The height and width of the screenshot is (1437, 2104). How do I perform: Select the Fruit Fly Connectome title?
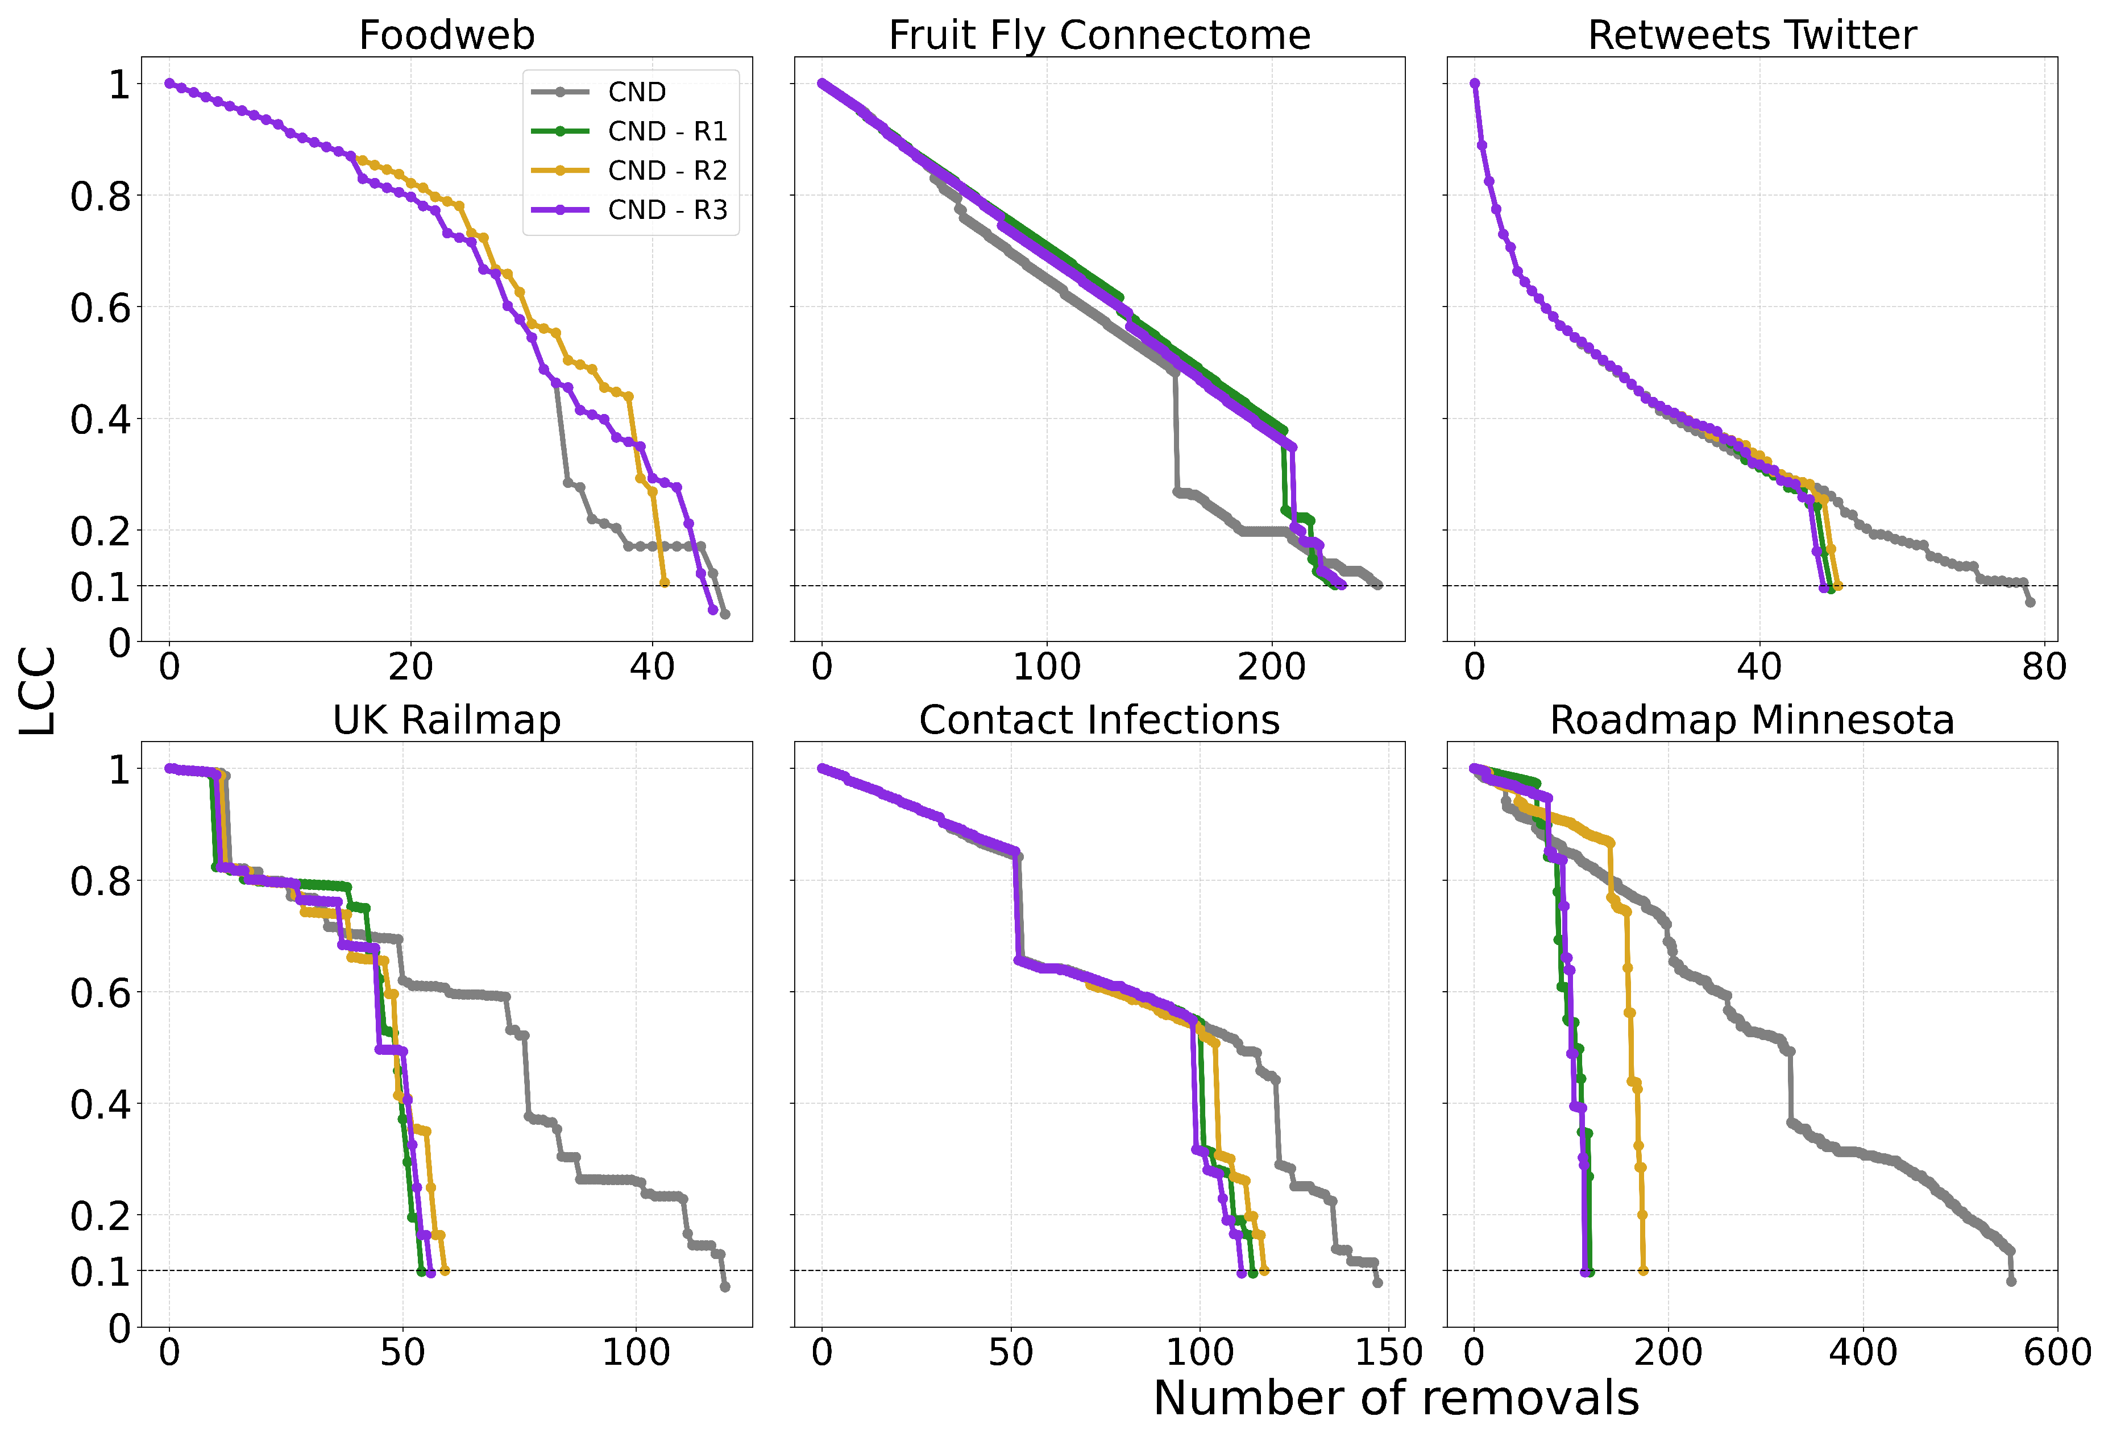(1099, 35)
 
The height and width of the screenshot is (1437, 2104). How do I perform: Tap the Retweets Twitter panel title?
(1752, 35)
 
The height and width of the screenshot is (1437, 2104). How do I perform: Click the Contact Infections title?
(1099, 720)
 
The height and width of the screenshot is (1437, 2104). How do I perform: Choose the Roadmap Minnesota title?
(1752, 720)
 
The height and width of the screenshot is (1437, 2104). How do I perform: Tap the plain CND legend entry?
(637, 92)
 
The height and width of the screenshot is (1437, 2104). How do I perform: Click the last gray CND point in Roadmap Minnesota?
(2011, 1281)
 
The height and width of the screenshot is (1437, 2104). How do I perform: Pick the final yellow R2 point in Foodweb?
(665, 583)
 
